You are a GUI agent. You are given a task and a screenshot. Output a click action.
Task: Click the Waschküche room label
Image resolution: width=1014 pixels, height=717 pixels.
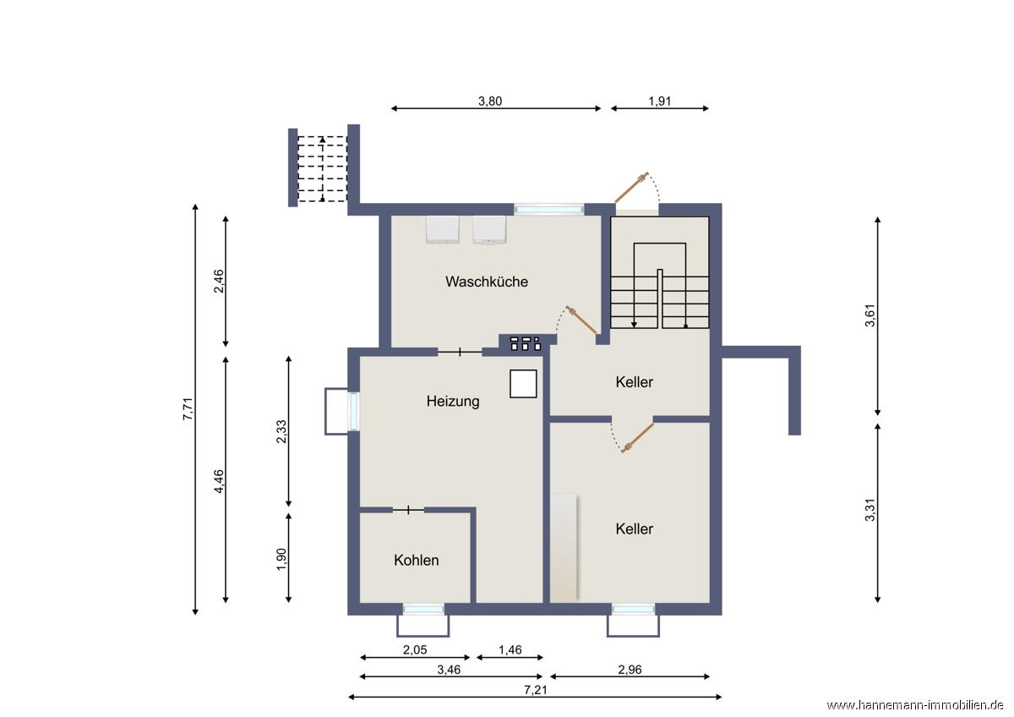coord(487,282)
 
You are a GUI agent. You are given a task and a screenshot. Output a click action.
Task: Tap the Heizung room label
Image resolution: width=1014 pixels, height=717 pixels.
coord(453,402)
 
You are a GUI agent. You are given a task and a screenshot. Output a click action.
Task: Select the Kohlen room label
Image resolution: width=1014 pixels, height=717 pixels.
coord(416,561)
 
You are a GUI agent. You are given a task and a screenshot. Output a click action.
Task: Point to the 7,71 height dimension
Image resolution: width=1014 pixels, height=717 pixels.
coord(188,409)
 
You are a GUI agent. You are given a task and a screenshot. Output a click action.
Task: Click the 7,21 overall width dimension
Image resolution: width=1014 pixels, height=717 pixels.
coord(536,690)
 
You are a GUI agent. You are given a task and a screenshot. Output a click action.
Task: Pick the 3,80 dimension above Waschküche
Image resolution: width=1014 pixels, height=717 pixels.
coord(490,101)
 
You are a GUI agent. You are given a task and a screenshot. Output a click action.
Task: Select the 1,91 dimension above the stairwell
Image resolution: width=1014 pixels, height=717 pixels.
coord(660,101)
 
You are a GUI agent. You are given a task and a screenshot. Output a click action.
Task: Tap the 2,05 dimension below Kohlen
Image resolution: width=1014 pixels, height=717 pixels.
coord(415,650)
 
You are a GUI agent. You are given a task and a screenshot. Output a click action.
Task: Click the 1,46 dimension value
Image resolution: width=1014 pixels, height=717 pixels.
coord(510,650)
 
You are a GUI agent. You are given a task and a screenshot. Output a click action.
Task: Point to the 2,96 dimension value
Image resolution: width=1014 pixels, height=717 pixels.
coord(630,670)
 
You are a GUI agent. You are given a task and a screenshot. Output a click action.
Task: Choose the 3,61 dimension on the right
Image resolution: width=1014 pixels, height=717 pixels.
coord(870,315)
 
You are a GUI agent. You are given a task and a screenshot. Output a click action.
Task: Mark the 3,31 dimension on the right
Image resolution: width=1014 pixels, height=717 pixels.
coord(870,510)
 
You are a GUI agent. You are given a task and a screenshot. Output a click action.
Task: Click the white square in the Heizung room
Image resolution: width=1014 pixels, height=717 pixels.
coord(523,384)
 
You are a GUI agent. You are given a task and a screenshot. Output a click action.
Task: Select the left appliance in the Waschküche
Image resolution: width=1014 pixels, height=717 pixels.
coord(442,230)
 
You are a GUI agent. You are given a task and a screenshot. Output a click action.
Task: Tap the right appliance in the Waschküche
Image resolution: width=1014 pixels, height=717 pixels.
coord(489,230)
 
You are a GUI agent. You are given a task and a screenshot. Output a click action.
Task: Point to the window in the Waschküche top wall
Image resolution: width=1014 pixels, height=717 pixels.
coord(549,209)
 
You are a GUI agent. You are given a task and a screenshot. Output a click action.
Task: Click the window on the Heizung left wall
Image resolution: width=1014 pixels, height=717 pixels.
coord(353,411)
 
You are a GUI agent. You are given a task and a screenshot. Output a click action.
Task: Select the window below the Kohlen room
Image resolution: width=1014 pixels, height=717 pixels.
coord(423,610)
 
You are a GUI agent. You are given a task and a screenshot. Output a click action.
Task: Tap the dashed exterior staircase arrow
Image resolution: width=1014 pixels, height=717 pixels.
coord(322,169)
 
